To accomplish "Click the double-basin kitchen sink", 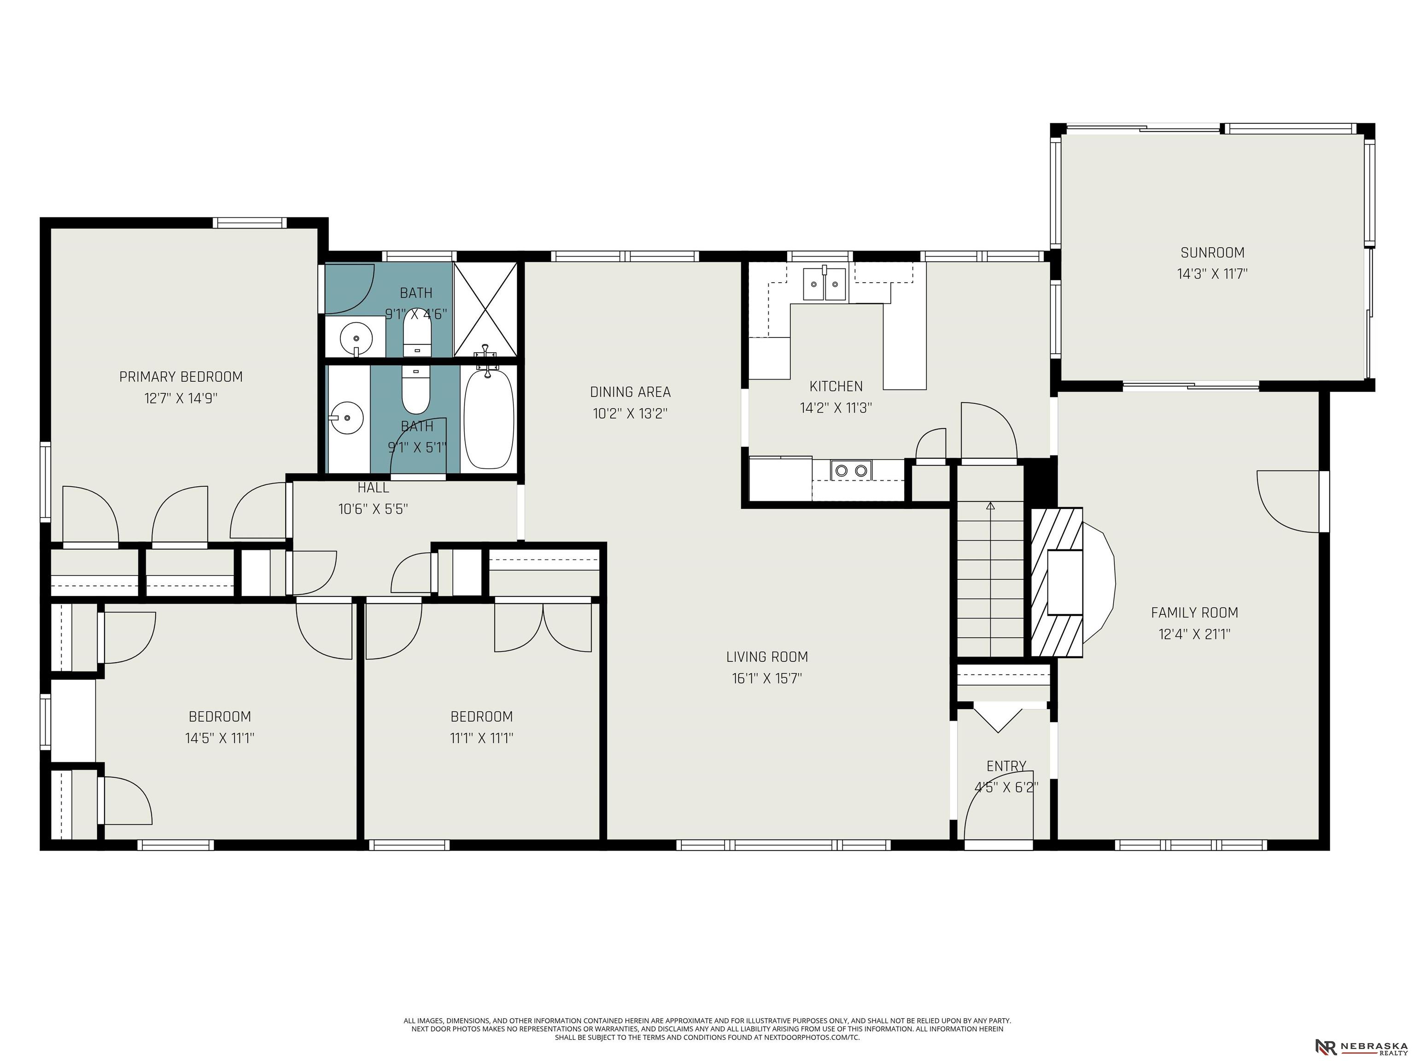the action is (x=824, y=284).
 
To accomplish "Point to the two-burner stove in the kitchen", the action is (x=851, y=470).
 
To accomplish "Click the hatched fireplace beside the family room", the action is (x=1057, y=582).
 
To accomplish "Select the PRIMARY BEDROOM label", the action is (x=181, y=377).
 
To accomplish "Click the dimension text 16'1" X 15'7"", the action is (x=767, y=678).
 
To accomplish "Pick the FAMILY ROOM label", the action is (x=1194, y=612).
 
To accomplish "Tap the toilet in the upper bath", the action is (x=417, y=337).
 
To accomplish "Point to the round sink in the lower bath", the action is (x=347, y=418).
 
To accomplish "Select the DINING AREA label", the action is (x=630, y=391).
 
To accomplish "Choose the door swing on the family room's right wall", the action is (x=1288, y=501).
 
